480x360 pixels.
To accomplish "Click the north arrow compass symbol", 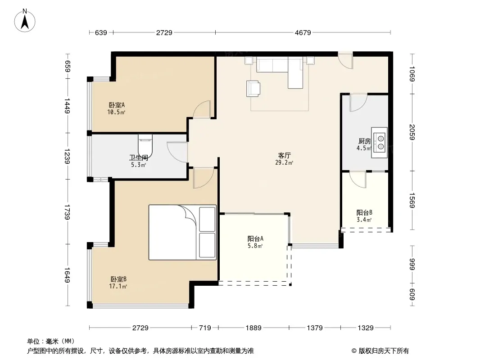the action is [25, 21].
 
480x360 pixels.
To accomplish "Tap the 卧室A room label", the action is [117, 105].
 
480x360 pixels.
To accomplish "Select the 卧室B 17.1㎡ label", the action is [118, 283].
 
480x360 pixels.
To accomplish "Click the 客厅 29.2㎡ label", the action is [284, 159].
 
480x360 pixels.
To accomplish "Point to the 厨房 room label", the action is [364, 141].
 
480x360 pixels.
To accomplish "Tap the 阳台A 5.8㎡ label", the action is [255, 242].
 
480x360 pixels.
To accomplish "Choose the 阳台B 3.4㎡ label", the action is [364, 216].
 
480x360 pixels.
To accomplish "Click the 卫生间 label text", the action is [138, 157].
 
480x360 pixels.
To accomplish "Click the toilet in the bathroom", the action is [145, 146].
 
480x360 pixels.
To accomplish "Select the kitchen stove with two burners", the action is [379, 143].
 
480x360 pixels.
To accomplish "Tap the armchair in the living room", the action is [253, 88].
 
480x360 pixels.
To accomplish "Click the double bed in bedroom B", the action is [182, 233].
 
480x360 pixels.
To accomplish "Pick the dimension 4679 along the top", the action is [303, 32].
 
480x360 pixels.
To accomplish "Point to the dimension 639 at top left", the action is [101, 32].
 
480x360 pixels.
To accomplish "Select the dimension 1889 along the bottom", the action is [254, 328].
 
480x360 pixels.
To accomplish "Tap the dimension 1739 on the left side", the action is [68, 211].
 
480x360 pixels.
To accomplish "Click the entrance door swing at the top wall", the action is [345, 60].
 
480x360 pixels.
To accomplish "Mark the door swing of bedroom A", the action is [202, 109].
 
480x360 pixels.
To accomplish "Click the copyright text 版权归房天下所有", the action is [384, 351].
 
